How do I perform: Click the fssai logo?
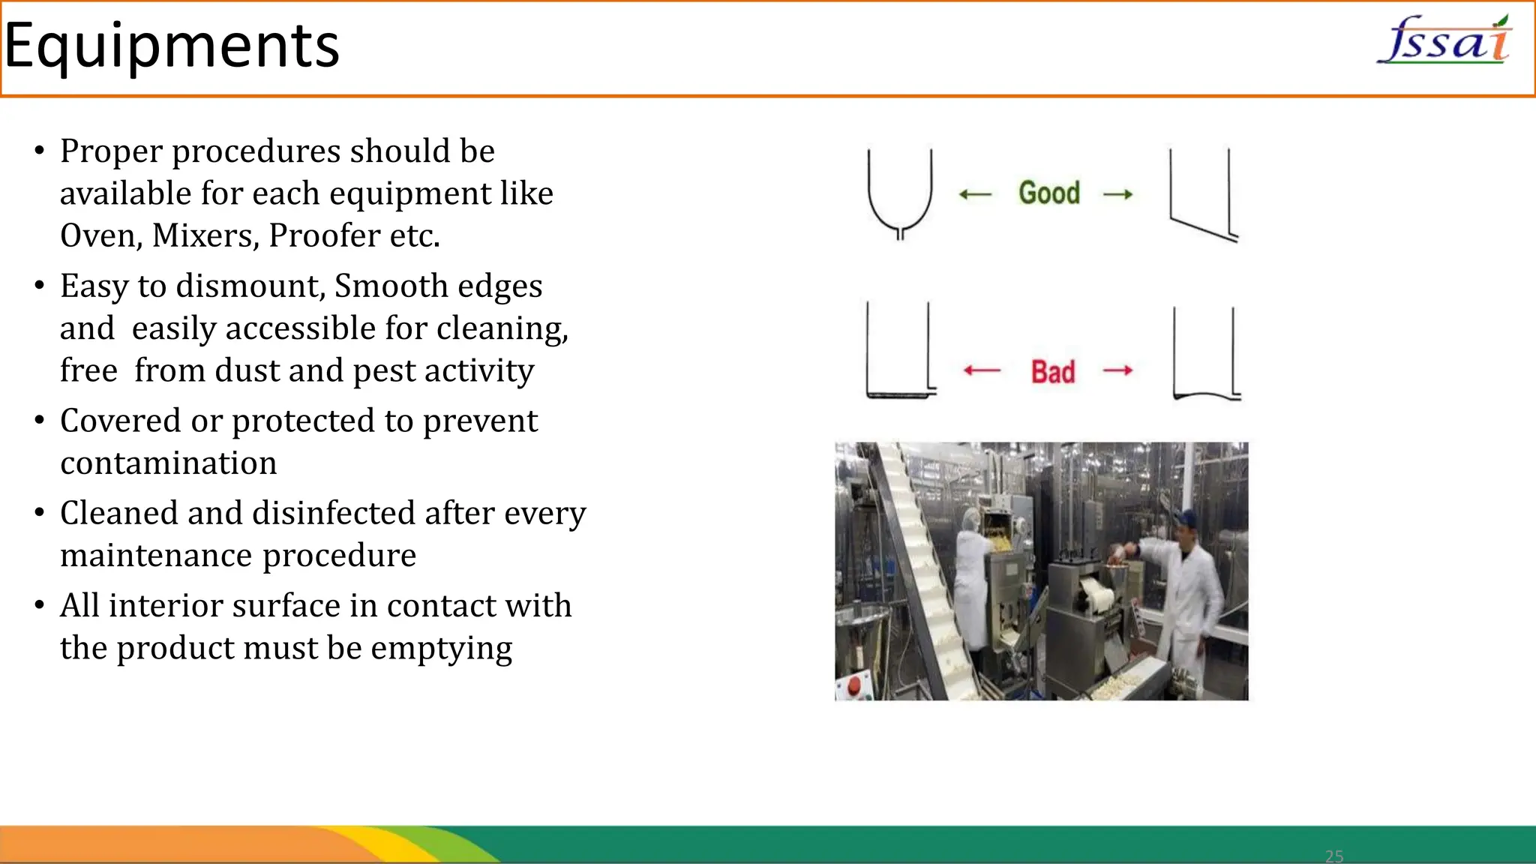point(1444,40)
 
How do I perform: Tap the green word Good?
point(1049,193)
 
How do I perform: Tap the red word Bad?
point(1053,372)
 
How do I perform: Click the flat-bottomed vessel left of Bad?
point(898,350)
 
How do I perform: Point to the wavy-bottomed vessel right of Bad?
point(1205,354)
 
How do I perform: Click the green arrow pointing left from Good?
point(975,195)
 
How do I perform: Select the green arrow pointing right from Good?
point(1117,195)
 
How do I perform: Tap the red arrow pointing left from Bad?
point(982,370)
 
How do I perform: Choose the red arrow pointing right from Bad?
point(1117,370)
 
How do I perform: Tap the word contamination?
point(169,463)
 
